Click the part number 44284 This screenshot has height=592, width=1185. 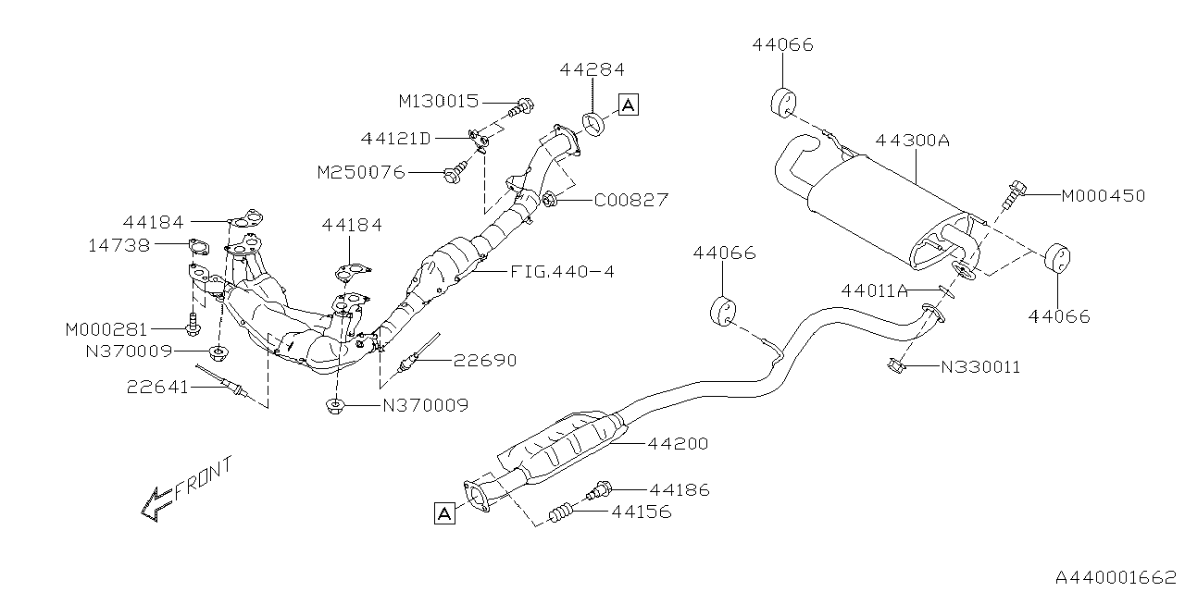(x=592, y=69)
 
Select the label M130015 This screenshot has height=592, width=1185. (x=441, y=100)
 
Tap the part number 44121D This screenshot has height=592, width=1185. (x=396, y=139)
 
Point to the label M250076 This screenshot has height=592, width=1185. (x=360, y=172)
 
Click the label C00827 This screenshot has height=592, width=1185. (x=630, y=199)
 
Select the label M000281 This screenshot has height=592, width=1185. (x=106, y=328)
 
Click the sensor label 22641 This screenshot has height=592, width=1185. (x=157, y=388)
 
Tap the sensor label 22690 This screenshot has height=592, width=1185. (x=484, y=361)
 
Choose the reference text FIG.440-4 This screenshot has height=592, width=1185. (x=561, y=272)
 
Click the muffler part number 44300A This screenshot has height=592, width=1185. (x=913, y=141)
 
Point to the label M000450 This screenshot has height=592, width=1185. (x=1103, y=196)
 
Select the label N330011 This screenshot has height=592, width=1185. (x=980, y=367)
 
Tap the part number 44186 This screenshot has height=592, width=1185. (x=680, y=489)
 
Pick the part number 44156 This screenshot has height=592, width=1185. (x=641, y=512)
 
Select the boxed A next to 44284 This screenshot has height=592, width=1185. (x=628, y=105)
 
